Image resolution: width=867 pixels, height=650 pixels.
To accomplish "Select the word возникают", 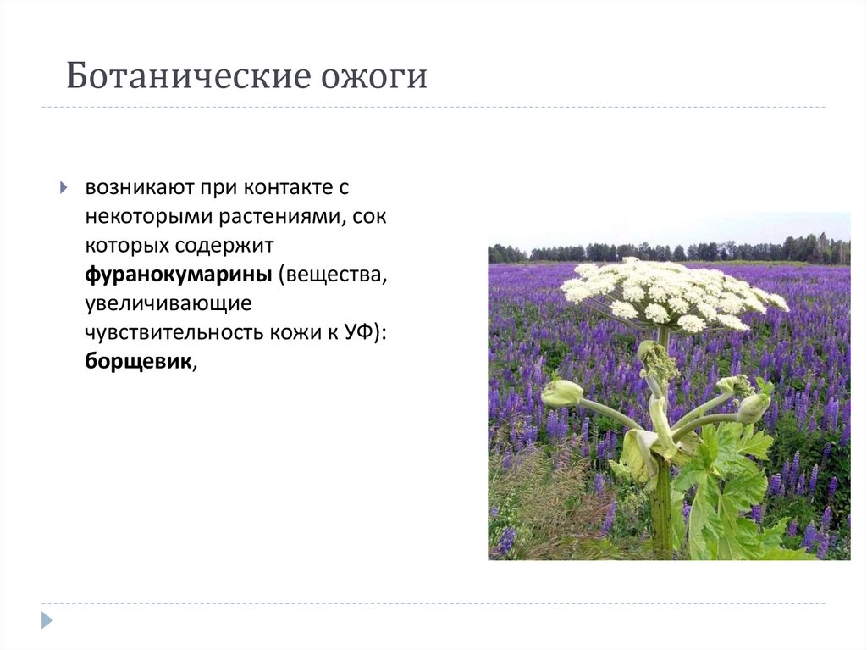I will [131, 186].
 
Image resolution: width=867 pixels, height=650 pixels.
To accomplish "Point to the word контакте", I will [286, 186].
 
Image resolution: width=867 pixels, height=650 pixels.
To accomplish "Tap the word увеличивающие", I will [167, 303].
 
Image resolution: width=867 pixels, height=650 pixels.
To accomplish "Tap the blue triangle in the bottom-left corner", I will [47, 619].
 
